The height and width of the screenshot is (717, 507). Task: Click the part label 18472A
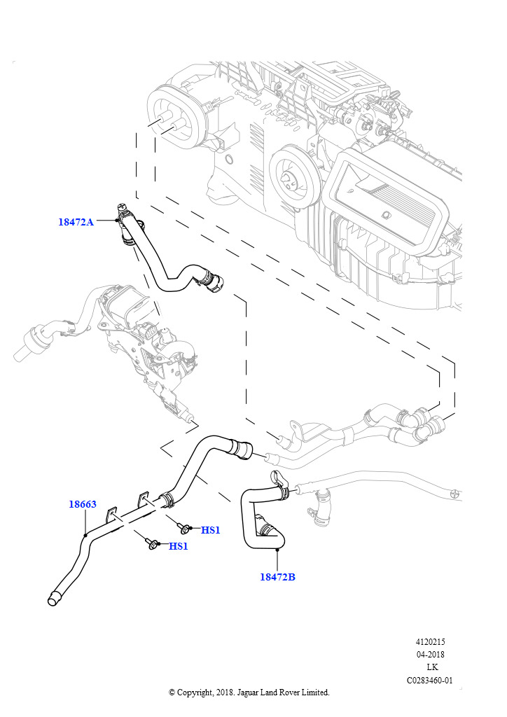pyautogui.click(x=76, y=222)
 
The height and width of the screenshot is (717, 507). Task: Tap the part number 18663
pyautogui.click(x=82, y=504)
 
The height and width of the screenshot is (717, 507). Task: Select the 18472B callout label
pyautogui.click(x=277, y=577)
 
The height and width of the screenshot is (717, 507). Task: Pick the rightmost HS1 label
pyautogui.click(x=210, y=530)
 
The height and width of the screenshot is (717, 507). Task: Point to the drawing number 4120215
pyautogui.click(x=431, y=641)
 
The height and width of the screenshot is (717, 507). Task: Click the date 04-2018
pyautogui.click(x=431, y=655)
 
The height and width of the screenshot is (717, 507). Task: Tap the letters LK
pyautogui.click(x=432, y=667)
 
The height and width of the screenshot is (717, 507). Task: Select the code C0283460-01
pyautogui.click(x=430, y=680)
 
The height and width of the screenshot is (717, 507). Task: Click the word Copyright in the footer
pyautogui.click(x=194, y=692)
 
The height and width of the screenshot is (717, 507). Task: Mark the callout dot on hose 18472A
pyautogui.click(x=116, y=221)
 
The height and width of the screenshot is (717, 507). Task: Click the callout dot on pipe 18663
pyautogui.click(x=85, y=535)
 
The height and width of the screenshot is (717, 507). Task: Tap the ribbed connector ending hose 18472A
pyautogui.click(x=216, y=283)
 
